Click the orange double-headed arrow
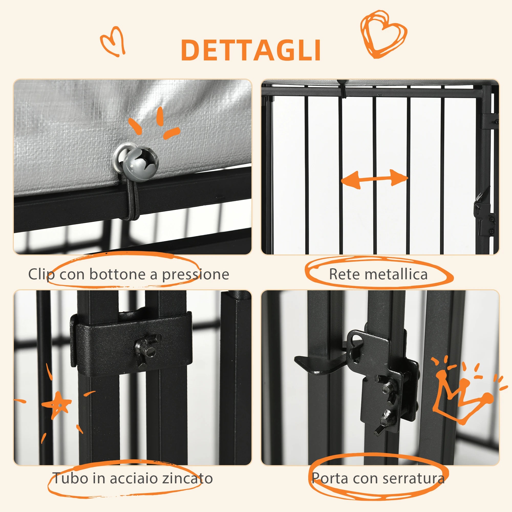click(x=374, y=179)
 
